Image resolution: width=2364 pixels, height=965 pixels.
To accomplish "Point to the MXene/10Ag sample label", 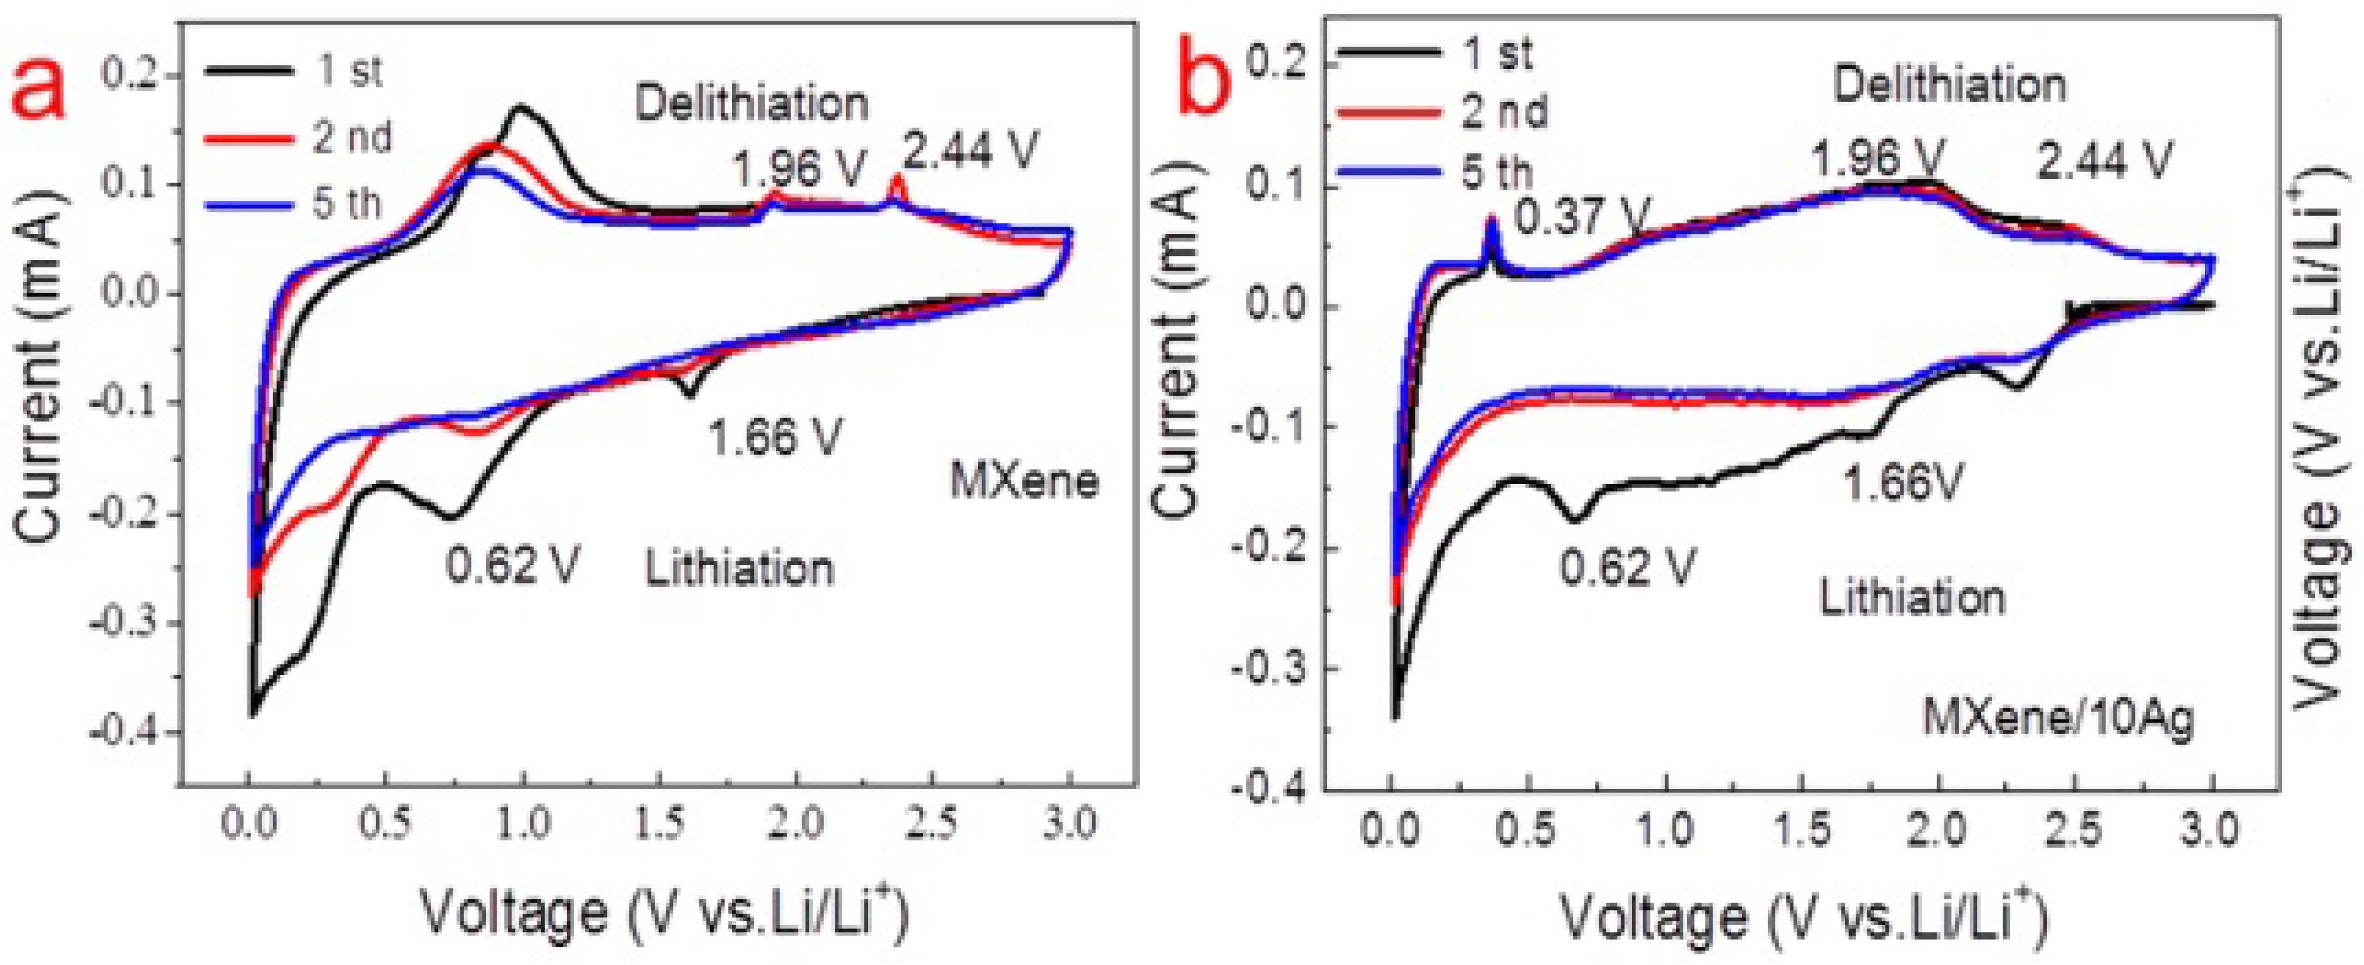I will pyautogui.click(x=2058, y=716).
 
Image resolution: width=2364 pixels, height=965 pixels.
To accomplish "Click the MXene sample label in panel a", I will pyautogui.click(x=1023, y=481).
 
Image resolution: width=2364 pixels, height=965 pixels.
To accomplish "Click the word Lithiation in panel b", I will pyautogui.click(x=1912, y=598).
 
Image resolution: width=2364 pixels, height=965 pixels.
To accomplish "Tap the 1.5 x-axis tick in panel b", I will pyautogui.click(x=1802, y=831).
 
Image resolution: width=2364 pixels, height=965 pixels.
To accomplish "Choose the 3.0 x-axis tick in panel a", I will pyautogui.click(x=1068, y=823).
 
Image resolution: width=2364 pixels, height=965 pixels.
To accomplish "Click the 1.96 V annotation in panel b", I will pyautogui.click(x=1877, y=158).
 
